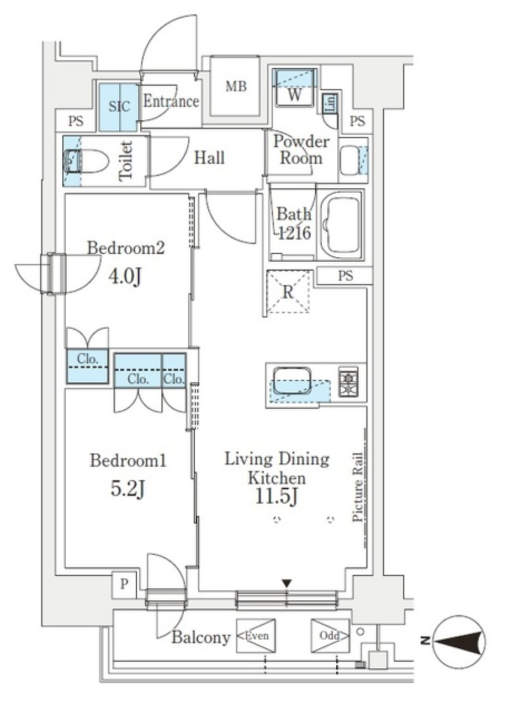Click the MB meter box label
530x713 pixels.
tap(236, 86)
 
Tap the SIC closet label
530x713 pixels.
tap(119, 106)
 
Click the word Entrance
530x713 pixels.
tap(171, 101)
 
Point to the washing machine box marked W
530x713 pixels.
tap(295, 88)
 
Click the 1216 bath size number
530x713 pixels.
tap(294, 233)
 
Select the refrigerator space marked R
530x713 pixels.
tap(288, 292)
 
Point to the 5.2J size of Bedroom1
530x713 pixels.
tap(128, 488)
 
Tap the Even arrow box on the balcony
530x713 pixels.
tap(256, 636)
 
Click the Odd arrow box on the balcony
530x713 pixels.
tap(330, 636)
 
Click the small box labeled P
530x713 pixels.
tap(124, 584)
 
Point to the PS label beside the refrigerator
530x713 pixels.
tap(346, 276)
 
